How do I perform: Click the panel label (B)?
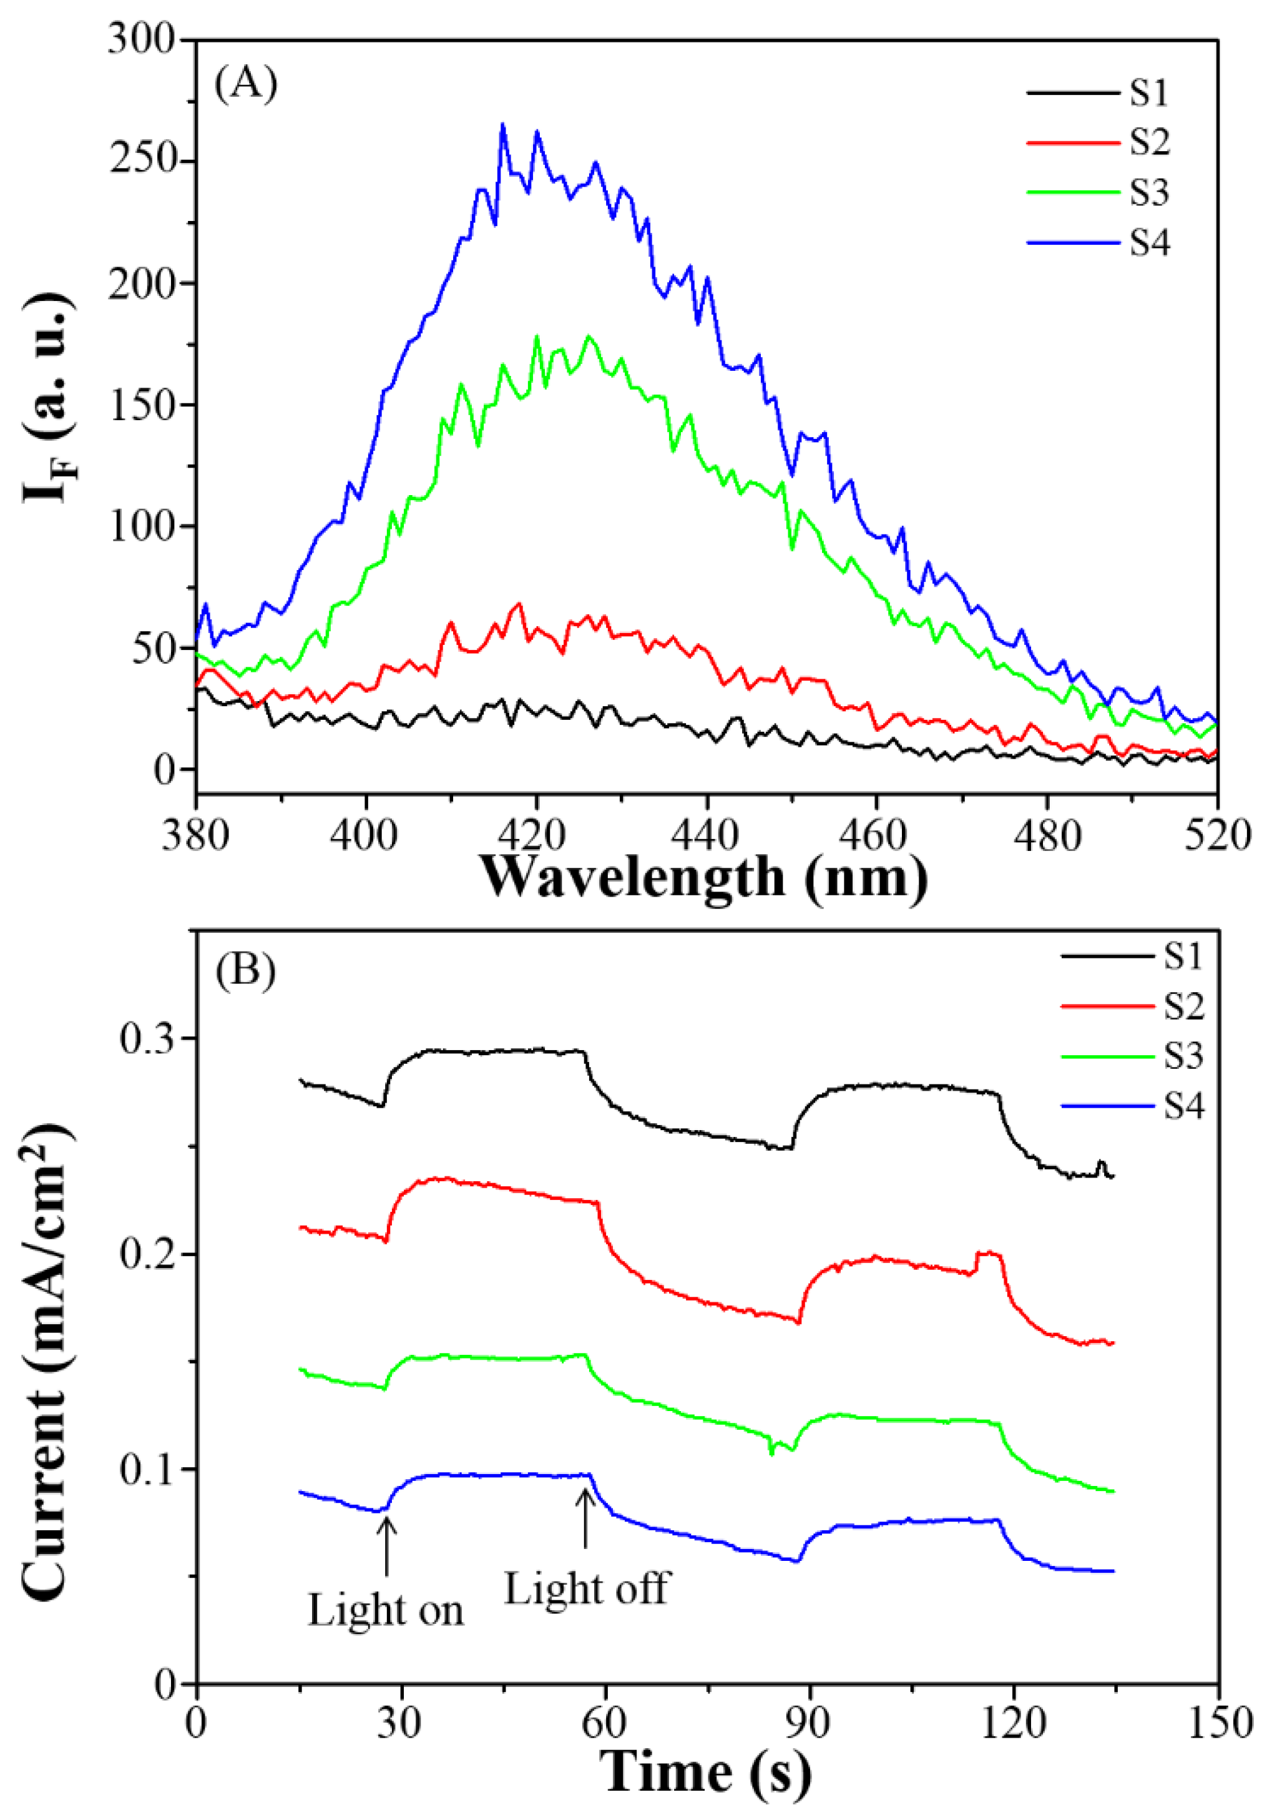[246, 970]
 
